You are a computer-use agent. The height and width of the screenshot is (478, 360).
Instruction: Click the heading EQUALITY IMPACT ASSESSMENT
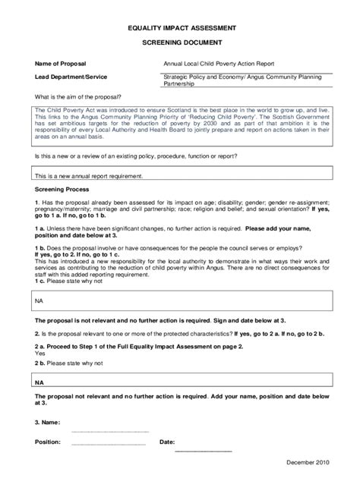pos(181,28)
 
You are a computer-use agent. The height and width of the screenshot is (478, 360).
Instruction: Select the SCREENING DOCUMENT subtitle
pos(181,45)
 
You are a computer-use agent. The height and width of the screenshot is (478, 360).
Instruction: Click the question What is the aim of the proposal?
pos(79,97)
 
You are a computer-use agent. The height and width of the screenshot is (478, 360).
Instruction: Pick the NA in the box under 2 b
pos(39,384)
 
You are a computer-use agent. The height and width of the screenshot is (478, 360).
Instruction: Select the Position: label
pos(48,441)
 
